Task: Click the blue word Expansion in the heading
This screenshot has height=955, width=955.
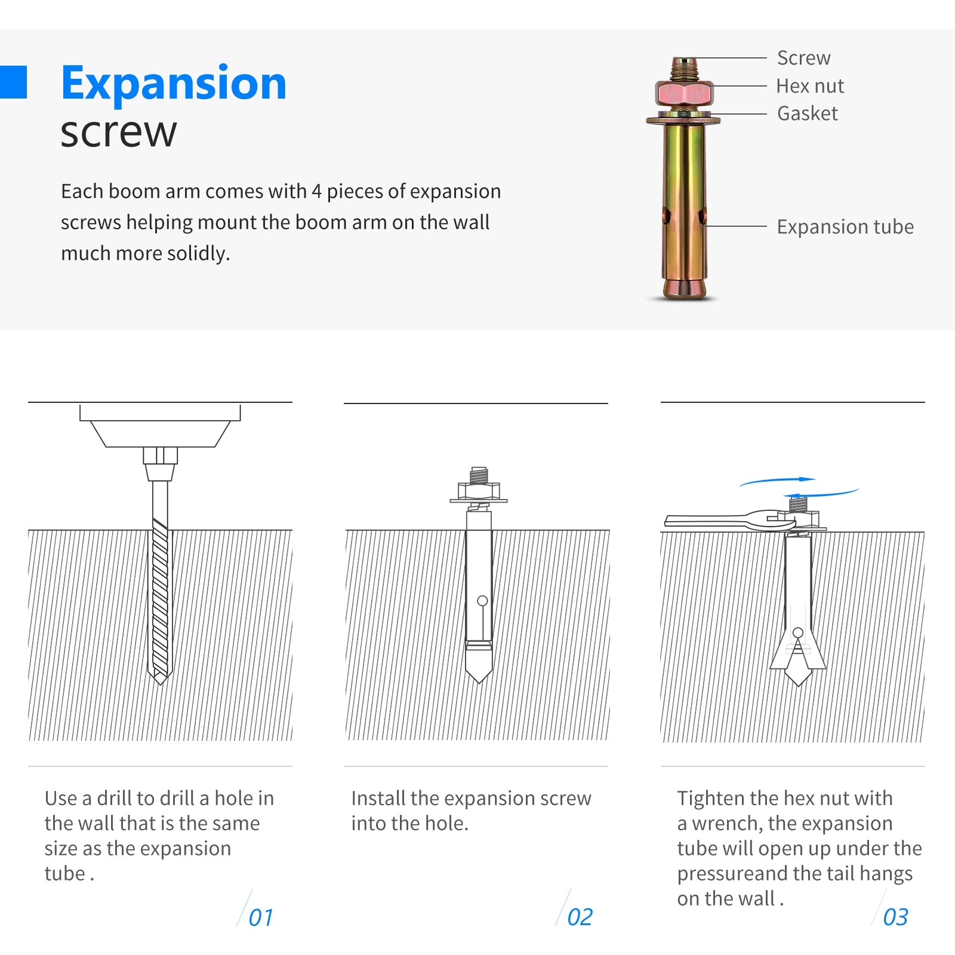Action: point(174,84)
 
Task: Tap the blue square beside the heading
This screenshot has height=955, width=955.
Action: point(13,82)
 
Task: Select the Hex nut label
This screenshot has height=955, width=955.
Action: point(810,86)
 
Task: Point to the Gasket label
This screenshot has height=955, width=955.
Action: point(808,113)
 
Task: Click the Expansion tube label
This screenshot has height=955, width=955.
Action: point(845,227)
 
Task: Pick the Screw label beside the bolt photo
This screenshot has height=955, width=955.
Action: point(803,58)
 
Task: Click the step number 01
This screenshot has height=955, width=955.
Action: point(261,917)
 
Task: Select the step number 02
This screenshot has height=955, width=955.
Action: point(580,917)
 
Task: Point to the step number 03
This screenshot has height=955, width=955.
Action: point(895,917)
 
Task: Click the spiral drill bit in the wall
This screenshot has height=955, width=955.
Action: point(160,600)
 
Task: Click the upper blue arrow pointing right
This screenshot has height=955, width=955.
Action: point(778,480)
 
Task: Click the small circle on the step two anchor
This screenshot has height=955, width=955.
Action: point(482,600)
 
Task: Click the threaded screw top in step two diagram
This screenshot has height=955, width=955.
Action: point(479,476)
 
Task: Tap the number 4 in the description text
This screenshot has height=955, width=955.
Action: point(316,192)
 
